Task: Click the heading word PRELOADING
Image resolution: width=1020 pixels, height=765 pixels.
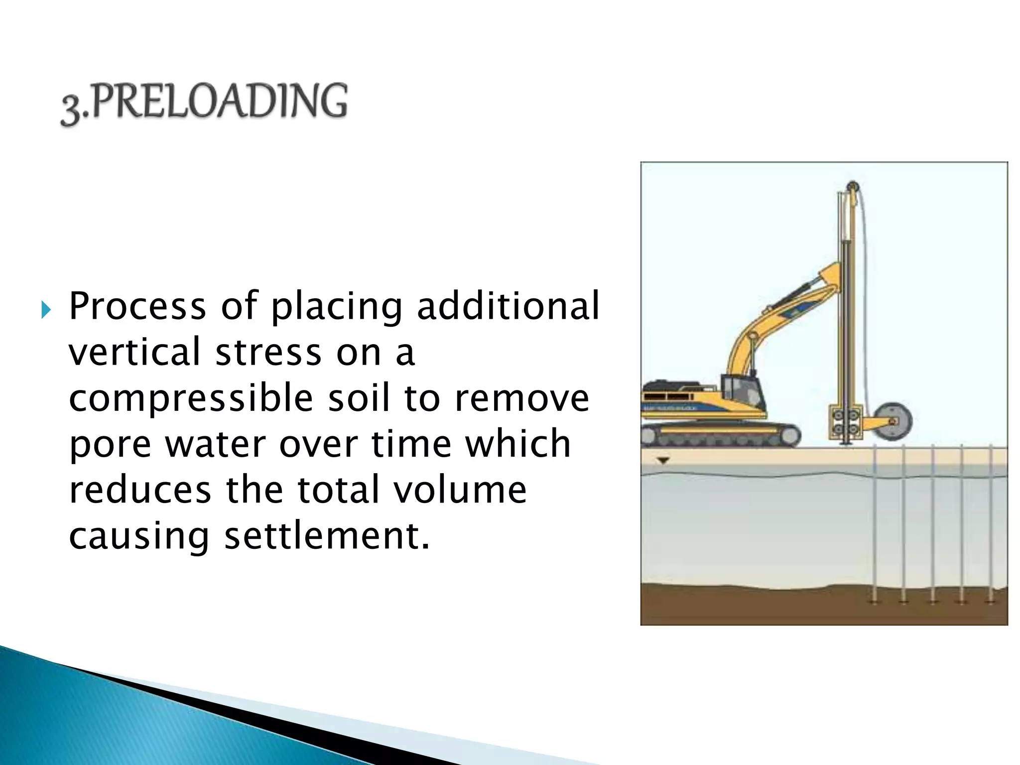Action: tap(219, 102)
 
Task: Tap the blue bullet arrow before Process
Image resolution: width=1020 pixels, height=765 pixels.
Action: tap(46, 310)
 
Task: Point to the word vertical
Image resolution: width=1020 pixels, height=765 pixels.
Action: tap(134, 352)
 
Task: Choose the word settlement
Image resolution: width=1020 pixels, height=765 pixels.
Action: tap(326, 536)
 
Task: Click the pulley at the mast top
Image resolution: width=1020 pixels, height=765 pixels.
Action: tap(853, 187)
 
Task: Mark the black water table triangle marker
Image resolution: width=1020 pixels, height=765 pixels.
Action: tap(662, 461)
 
